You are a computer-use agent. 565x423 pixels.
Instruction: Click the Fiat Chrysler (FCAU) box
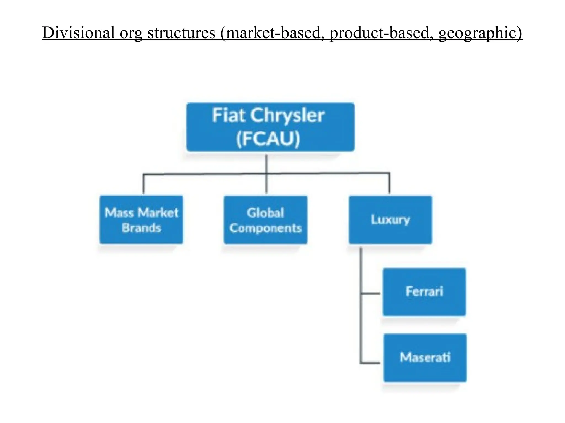pos(270,127)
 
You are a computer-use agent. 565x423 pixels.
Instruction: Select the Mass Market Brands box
pos(141,219)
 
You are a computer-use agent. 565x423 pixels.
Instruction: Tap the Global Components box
pos(265,220)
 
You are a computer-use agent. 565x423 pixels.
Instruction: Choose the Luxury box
pos(390,220)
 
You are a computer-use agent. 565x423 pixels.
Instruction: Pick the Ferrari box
pos(424,292)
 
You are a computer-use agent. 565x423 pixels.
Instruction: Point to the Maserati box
pos(425,358)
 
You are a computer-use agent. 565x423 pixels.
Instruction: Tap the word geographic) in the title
pos(480,33)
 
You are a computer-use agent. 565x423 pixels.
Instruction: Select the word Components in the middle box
pos(265,228)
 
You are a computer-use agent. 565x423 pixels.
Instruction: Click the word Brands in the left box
pos(142,228)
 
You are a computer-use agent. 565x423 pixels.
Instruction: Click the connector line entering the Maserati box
pos(370,362)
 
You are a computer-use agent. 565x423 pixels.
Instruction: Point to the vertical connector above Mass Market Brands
pos(143,184)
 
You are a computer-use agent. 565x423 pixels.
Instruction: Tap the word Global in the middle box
pos(265,213)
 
